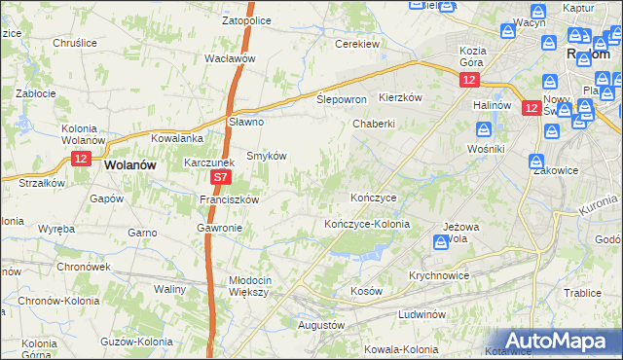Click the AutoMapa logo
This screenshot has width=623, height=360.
559,340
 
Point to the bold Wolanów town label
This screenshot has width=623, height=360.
129,165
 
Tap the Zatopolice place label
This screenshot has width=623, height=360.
245,18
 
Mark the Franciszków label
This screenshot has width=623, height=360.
228,199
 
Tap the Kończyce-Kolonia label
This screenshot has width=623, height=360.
367,224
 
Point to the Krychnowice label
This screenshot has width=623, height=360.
440,275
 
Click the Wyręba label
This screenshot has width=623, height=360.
55,229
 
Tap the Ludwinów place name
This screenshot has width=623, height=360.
421,314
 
